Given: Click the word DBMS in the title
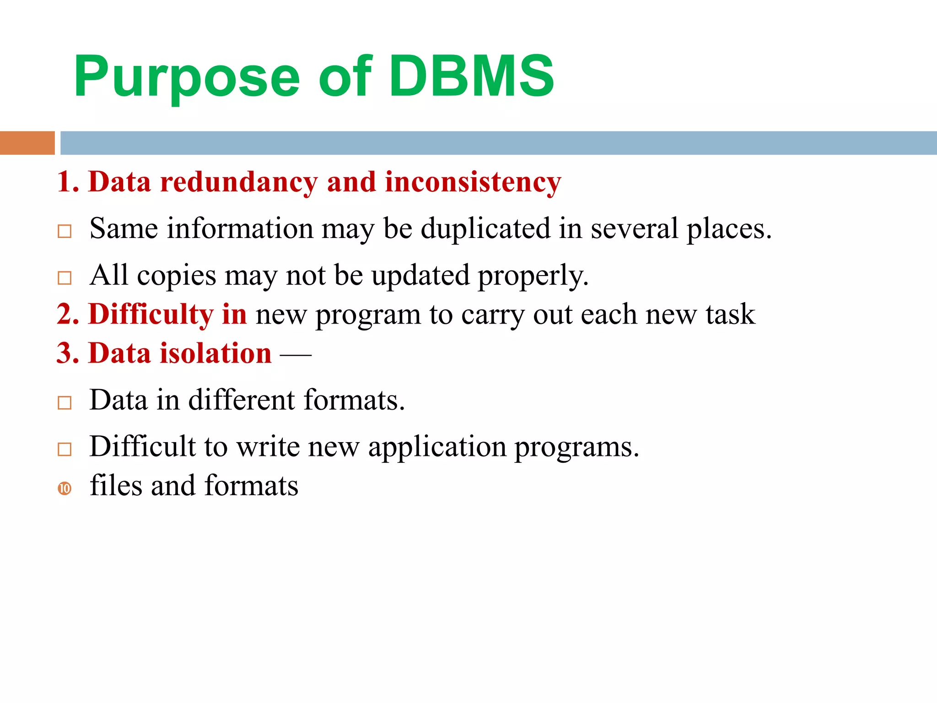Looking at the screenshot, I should point(471,76).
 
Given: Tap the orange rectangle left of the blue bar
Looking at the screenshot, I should point(27,143).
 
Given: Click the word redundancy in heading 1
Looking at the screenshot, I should point(238,182).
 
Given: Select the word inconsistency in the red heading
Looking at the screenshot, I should point(473,182).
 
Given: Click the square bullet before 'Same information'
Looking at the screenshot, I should point(65,231).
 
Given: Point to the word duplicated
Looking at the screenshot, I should point(485,228).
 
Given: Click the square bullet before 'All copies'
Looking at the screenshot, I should point(65,278).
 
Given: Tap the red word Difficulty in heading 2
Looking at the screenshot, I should point(151,315).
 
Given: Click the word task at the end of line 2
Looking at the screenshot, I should point(730,314).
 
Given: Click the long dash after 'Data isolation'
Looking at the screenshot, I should point(296,354).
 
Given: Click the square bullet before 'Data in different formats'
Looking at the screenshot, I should point(65,403).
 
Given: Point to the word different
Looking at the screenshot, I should point(241,400).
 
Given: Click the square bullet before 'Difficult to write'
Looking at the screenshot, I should point(65,449).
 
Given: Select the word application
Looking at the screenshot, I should point(437,447).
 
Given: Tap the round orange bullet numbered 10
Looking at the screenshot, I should point(65,488).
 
